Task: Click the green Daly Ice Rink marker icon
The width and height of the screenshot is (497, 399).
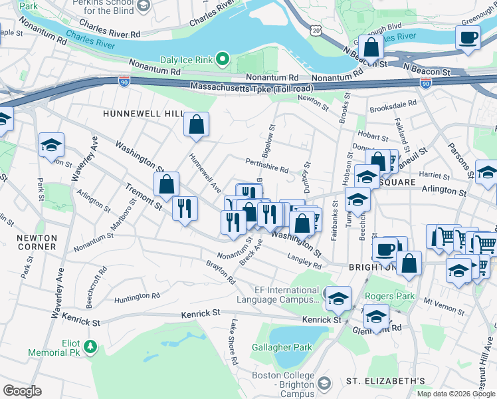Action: tap(223, 61)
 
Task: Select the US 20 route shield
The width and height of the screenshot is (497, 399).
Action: tap(314, 31)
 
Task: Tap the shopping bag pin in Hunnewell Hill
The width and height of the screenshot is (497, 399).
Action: tap(197, 124)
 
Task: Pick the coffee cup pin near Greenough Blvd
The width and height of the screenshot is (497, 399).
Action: tap(468, 37)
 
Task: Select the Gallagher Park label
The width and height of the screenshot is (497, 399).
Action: tap(282, 347)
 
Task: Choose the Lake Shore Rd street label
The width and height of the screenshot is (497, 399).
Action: tap(234, 342)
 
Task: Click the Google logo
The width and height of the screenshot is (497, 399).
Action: tap(22, 391)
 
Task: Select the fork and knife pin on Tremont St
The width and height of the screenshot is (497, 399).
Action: tap(185, 207)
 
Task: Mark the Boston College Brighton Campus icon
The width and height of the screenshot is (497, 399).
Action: tap(324, 384)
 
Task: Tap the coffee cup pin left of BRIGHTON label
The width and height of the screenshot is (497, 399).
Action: tap(383, 249)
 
